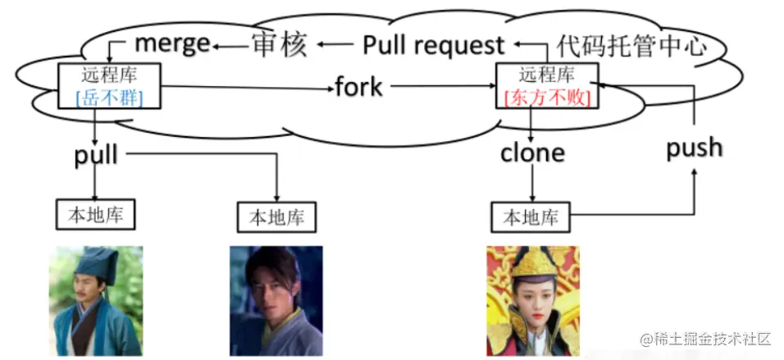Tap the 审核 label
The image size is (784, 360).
click(x=279, y=44)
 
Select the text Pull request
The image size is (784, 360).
click(x=433, y=44)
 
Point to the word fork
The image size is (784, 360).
click(x=358, y=85)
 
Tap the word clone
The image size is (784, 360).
click(x=532, y=153)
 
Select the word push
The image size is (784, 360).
click(x=694, y=148)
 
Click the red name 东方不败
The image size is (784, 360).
click(x=547, y=98)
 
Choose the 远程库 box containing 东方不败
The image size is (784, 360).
click(x=547, y=86)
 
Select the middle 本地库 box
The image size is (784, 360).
click(x=276, y=217)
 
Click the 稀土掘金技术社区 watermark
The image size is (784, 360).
click(x=706, y=338)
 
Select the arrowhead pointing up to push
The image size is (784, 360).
click(x=694, y=173)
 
